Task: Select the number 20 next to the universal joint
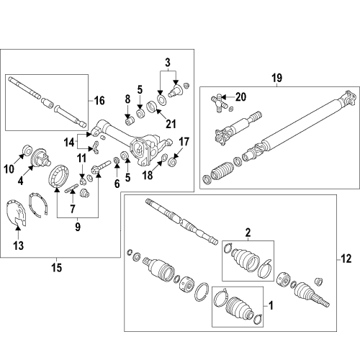(x=242, y=96)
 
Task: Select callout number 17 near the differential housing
(x=184, y=141)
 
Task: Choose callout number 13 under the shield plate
(x=18, y=246)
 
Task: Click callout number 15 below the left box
(x=58, y=268)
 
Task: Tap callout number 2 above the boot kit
(x=247, y=232)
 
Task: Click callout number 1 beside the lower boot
(x=271, y=305)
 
